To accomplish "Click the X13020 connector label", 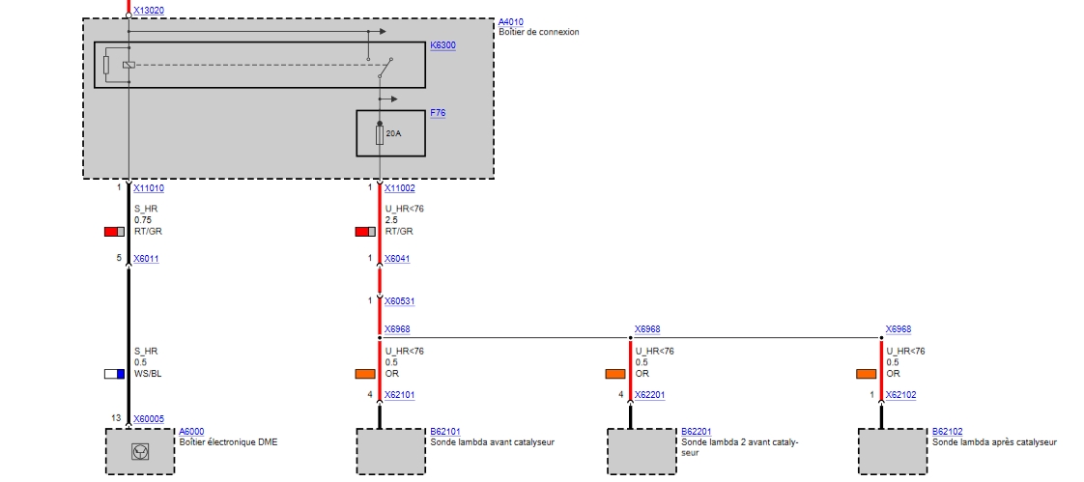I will (149, 10).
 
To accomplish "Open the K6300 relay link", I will (442, 45).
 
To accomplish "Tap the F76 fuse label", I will (438, 113).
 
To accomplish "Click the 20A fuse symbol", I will (380, 133).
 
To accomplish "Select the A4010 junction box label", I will (510, 21).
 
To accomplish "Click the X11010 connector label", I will (149, 188).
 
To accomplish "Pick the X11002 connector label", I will (399, 188).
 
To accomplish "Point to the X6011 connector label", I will (146, 259).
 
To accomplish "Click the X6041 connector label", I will (397, 259).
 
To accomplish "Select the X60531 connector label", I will (399, 301).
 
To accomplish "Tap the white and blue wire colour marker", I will (115, 374).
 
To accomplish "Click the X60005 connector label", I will (149, 419).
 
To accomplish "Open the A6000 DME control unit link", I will (191, 432).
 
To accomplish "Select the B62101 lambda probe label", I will (443, 432).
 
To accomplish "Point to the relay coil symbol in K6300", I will (128, 65).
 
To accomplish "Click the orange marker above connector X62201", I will (615, 374).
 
